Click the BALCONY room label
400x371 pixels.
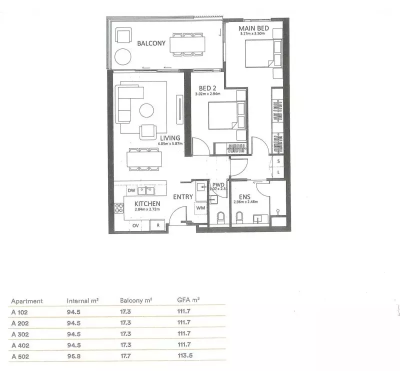(x=151, y=43)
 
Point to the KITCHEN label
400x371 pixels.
(x=147, y=204)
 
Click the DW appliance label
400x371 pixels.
(x=132, y=191)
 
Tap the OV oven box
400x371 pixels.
(x=135, y=225)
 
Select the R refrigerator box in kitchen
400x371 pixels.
(x=158, y=225)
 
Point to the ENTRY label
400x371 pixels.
(x=183, y=197)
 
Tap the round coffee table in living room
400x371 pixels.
(x=147, y=110)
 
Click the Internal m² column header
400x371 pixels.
(x=82, y=301)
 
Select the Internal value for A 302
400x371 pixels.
(x=74, y=322)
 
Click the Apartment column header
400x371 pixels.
(x=27, y=301)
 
